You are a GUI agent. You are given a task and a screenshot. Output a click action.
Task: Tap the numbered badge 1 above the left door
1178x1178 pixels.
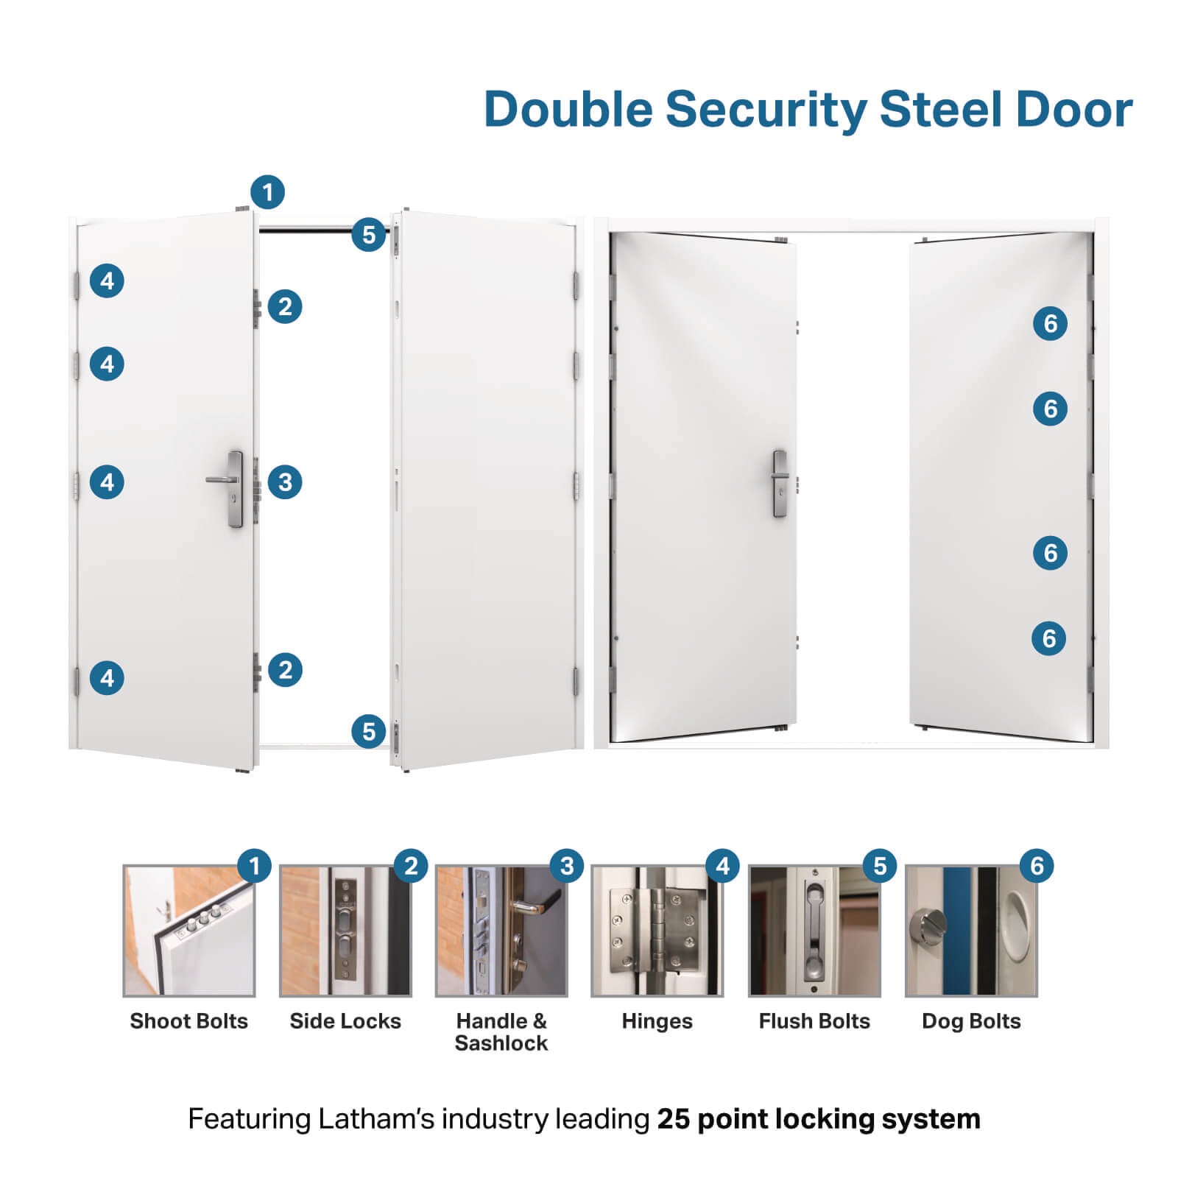point(267,192)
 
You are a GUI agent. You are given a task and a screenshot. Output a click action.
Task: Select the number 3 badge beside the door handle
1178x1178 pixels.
point(285,482)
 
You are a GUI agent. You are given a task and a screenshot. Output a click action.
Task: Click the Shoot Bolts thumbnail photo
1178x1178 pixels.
point(189,931)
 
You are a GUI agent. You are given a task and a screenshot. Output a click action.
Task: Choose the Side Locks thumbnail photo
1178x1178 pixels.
point(345,931)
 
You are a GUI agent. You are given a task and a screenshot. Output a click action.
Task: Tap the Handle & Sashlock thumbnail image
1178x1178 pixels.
point(501,931)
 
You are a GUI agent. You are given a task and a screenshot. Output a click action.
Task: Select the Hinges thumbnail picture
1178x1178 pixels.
point(657,931)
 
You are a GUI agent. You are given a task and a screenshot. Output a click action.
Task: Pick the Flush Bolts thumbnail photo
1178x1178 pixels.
point(814,931)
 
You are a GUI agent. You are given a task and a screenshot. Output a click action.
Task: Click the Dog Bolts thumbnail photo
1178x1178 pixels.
point(971,931)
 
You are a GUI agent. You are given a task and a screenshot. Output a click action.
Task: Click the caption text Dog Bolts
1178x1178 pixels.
point(971,1021)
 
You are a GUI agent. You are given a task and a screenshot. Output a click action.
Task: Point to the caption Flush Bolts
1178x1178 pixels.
point(814,1021)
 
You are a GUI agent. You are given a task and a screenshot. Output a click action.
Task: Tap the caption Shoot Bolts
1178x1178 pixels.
point(189,1021)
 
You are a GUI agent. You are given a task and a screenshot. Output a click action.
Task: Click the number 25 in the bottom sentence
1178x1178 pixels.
point(673,1119)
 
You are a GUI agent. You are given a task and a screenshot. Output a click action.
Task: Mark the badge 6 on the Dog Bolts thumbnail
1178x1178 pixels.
point(1037,866)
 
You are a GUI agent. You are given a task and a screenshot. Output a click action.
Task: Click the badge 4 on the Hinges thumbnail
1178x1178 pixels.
point(723,866)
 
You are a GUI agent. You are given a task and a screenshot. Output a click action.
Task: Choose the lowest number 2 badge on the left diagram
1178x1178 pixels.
point(285,670)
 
